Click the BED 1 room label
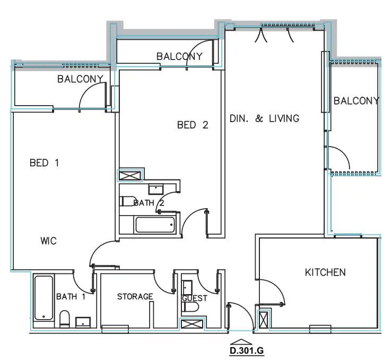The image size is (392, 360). coord(44,164)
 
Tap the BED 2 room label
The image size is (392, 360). coord(192,125)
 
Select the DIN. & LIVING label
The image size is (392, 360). coord(264,119)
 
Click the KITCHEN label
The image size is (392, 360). coord(325,272)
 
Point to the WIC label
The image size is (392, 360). coord(48,241)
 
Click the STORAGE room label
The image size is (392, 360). coord(135,296)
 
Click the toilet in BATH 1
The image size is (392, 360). coord(64,319)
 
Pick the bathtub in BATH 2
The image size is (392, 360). coord(155,225)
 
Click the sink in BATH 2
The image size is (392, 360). coord(155,187)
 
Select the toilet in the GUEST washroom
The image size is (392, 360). coord(189,307)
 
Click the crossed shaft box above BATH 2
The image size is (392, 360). coord(130,176)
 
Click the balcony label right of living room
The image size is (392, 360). coord(356,101)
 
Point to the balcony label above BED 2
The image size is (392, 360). coord(179,56)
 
